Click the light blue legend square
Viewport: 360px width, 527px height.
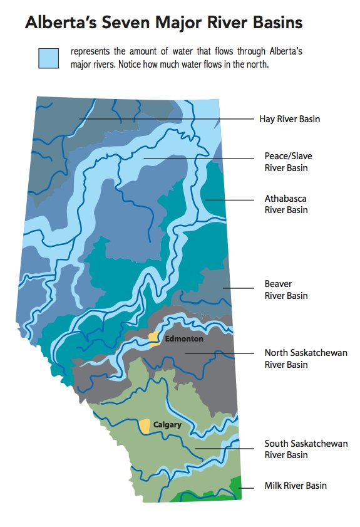point(48,58)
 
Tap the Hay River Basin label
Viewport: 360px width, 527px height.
point(289,119)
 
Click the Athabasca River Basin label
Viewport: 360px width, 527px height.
point(285,204)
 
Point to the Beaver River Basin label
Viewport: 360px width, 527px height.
point(285,290)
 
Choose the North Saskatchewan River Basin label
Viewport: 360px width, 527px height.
point(304,358)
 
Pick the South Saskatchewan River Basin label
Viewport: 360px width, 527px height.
point(306,449)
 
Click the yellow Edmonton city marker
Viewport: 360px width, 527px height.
point(154,339)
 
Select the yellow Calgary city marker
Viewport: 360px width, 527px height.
point(145,426)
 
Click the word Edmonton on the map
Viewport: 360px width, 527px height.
point(184,339)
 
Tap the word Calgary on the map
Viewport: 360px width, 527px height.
point(168,425)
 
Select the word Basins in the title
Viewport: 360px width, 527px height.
point(274,23)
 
